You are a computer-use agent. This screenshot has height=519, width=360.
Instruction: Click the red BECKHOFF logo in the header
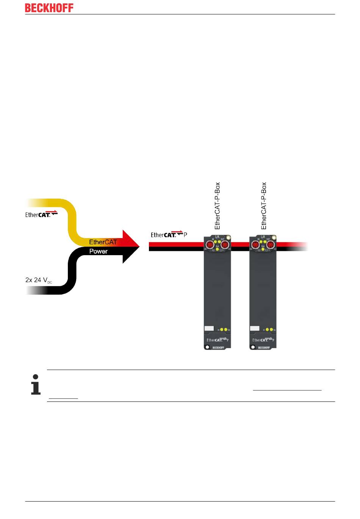49,8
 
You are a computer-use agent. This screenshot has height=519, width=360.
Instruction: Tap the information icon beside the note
36,385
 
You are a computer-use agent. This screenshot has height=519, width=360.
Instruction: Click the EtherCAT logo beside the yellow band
41,214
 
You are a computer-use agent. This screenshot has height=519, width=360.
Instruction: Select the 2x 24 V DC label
39,281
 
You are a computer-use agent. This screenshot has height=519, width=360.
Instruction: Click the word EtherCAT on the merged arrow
103,242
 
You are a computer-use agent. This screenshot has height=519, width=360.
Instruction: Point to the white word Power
99,251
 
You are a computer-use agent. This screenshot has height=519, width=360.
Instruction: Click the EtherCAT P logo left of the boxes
169,235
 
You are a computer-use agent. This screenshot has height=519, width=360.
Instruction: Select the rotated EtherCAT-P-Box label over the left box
218,206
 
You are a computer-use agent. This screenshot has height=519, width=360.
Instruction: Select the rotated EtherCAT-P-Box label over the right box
264,206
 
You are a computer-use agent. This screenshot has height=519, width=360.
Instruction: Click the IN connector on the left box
210,245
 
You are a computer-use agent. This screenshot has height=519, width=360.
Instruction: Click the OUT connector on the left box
225,245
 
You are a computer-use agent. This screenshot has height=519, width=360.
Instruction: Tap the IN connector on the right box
255,245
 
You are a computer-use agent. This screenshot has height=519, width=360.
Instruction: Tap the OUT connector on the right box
270,245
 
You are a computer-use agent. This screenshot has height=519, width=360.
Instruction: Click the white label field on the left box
209,329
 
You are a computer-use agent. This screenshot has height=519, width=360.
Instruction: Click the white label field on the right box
255,329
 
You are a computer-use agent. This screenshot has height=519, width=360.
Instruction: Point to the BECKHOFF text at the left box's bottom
218,348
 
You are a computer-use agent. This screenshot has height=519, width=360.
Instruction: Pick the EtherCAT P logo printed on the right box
263,340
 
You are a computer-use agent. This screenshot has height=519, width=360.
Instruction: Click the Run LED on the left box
217,249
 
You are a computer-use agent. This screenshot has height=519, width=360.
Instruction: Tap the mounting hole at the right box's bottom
253,347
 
